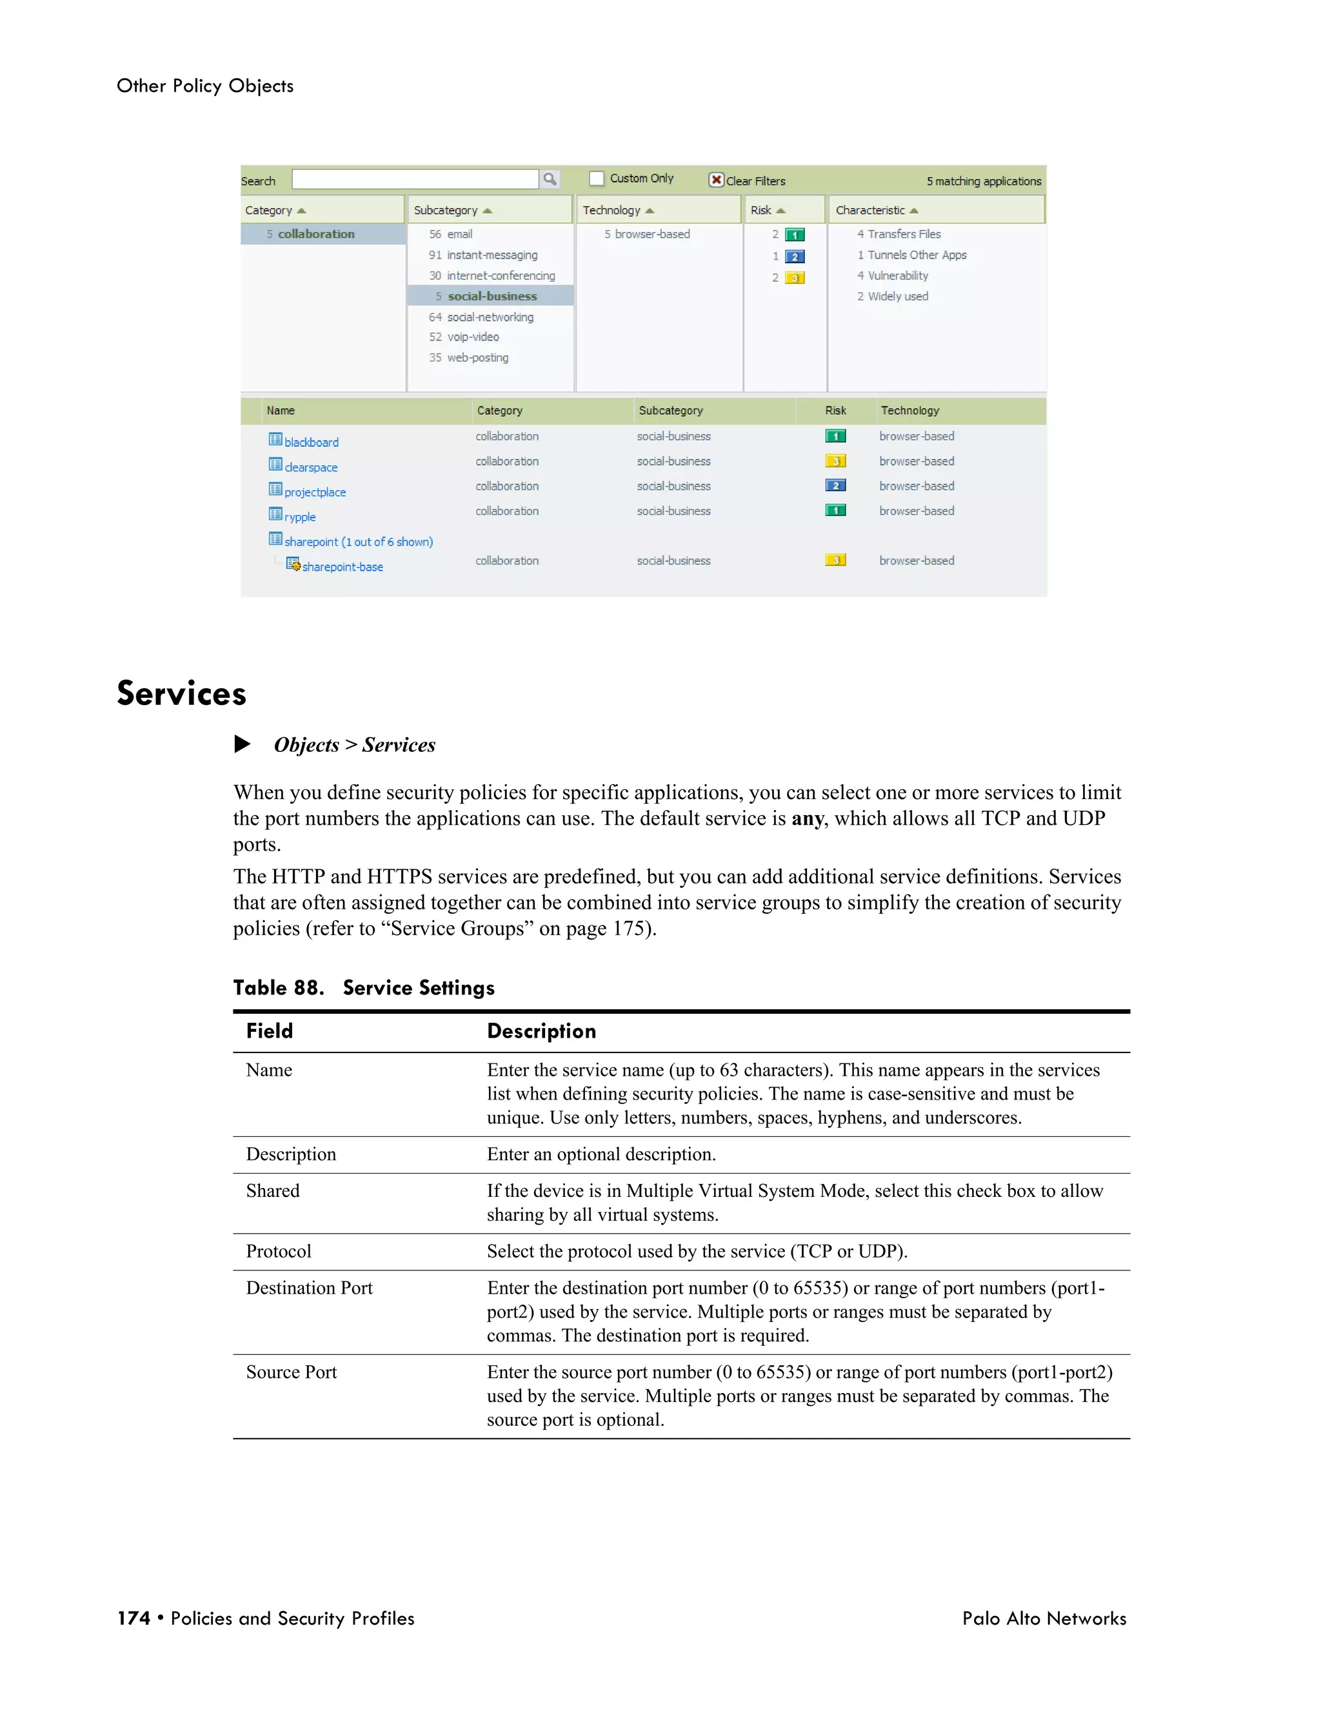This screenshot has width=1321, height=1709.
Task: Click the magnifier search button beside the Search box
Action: [x=550, y=179]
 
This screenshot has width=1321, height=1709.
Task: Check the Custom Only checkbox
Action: [x=597, y=179]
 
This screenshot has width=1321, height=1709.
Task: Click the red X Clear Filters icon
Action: [x=715, y=180]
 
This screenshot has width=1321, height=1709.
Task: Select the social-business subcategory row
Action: [x=492, y=296]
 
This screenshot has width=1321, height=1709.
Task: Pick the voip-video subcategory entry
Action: [x=473, y=337]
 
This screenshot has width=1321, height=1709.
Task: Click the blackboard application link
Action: [x=311, y=442]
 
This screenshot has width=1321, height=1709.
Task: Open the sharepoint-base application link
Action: [x=342, y=566]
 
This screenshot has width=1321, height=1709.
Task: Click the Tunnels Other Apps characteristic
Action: [x=917, y=255]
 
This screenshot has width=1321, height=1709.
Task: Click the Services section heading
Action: [x=181, y=693]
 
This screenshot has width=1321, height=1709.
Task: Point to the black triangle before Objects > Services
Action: [x=243, y=744]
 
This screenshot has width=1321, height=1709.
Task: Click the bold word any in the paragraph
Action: [x=807, y=818]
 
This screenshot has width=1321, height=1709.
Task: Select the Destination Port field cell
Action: [x=309, y=1288]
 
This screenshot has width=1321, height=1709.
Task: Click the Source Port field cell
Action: [x=291, y=1372]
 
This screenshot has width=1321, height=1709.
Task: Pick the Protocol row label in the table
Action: [x=279, y=1251]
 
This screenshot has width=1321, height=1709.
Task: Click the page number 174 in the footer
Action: [x=134, y=1618]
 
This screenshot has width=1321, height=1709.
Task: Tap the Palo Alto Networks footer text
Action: [x=1044, y=1618]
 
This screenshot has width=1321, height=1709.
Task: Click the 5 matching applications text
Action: [x=983, y=181]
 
